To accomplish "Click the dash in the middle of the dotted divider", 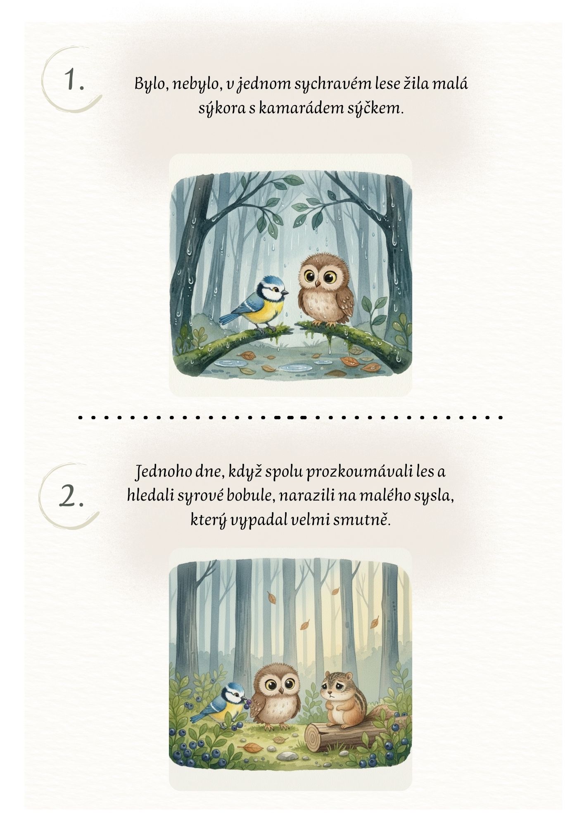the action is click(290, 418).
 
